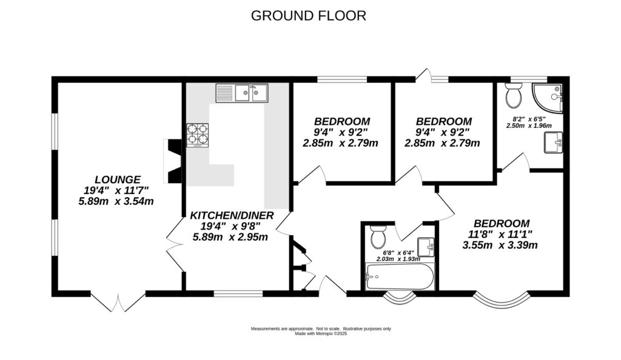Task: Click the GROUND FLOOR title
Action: [309, 16]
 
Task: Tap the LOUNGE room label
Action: [118, 180]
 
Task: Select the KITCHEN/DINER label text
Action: [232, 216]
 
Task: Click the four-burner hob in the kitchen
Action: [198, 135]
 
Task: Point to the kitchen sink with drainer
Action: [241, 93]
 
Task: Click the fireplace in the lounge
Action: [173, 161]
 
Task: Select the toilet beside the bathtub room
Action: [378, 236]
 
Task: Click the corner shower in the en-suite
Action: [548, 98]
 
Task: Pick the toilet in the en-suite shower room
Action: [514, 95]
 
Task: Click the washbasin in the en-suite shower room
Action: [553, 142]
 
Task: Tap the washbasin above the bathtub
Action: [426, 247]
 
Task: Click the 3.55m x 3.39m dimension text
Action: [500, 245]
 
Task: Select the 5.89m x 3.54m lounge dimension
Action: [116, 201]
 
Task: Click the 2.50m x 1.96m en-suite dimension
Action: [529, 126]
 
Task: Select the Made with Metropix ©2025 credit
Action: [321, 333]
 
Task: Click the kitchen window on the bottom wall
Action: [238, 293]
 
